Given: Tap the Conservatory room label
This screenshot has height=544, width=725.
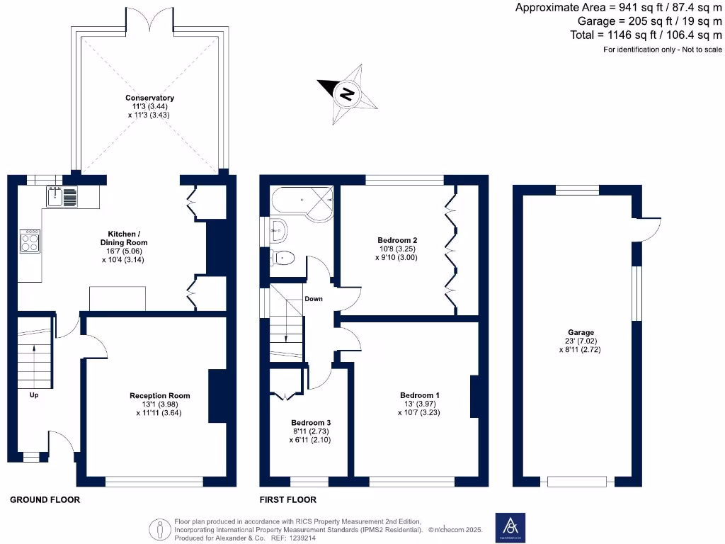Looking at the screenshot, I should click(149, 98).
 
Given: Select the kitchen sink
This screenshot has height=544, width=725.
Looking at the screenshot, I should click(62, 196).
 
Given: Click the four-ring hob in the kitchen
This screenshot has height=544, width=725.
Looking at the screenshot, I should click(30, 242).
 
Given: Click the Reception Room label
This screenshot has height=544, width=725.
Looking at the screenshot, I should click(159, 396).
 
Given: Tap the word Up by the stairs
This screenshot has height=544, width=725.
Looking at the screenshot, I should click(33, 395).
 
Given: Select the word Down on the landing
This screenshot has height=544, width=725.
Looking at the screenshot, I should click(313, 299).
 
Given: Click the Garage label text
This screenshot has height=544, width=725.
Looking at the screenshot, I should click(581, 332).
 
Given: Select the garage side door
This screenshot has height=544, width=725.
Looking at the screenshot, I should click(648, 227).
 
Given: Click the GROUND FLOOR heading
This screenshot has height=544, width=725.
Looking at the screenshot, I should click(45, 499).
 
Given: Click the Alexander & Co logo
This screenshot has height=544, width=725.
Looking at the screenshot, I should click(509, 527).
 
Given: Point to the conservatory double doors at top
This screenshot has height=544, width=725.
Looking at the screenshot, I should click(149, 20).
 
